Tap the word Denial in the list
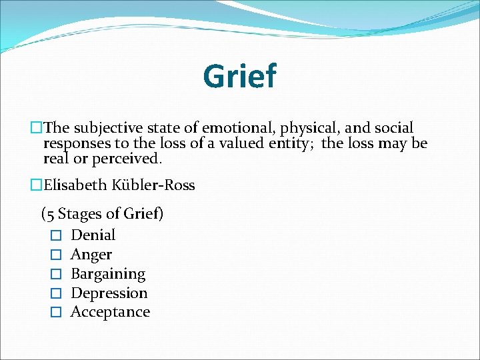[93, 235]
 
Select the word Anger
[91, 254]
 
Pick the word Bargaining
[108, 273]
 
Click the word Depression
[109, 293]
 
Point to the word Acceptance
[110, 312]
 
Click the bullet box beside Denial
[56, 235]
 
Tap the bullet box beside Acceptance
[56, 313]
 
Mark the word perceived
[125, 159]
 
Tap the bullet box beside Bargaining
[56, 274]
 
